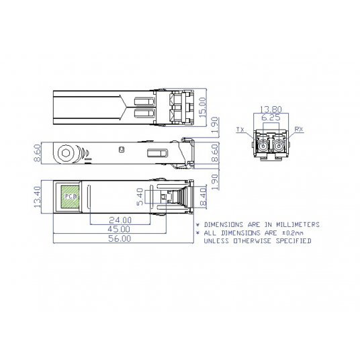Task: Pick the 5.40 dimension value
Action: [x=140, y=196]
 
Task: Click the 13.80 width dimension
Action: [x=271, y=108]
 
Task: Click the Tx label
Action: [x=240, y=128]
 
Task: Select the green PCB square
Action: [x=70, y=195]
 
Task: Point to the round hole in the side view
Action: [x=66, y=153]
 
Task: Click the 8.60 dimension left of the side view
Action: [x=38, y=153]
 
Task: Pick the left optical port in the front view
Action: [x=263, y=144]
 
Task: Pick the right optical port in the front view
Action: [x=279, y=144]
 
